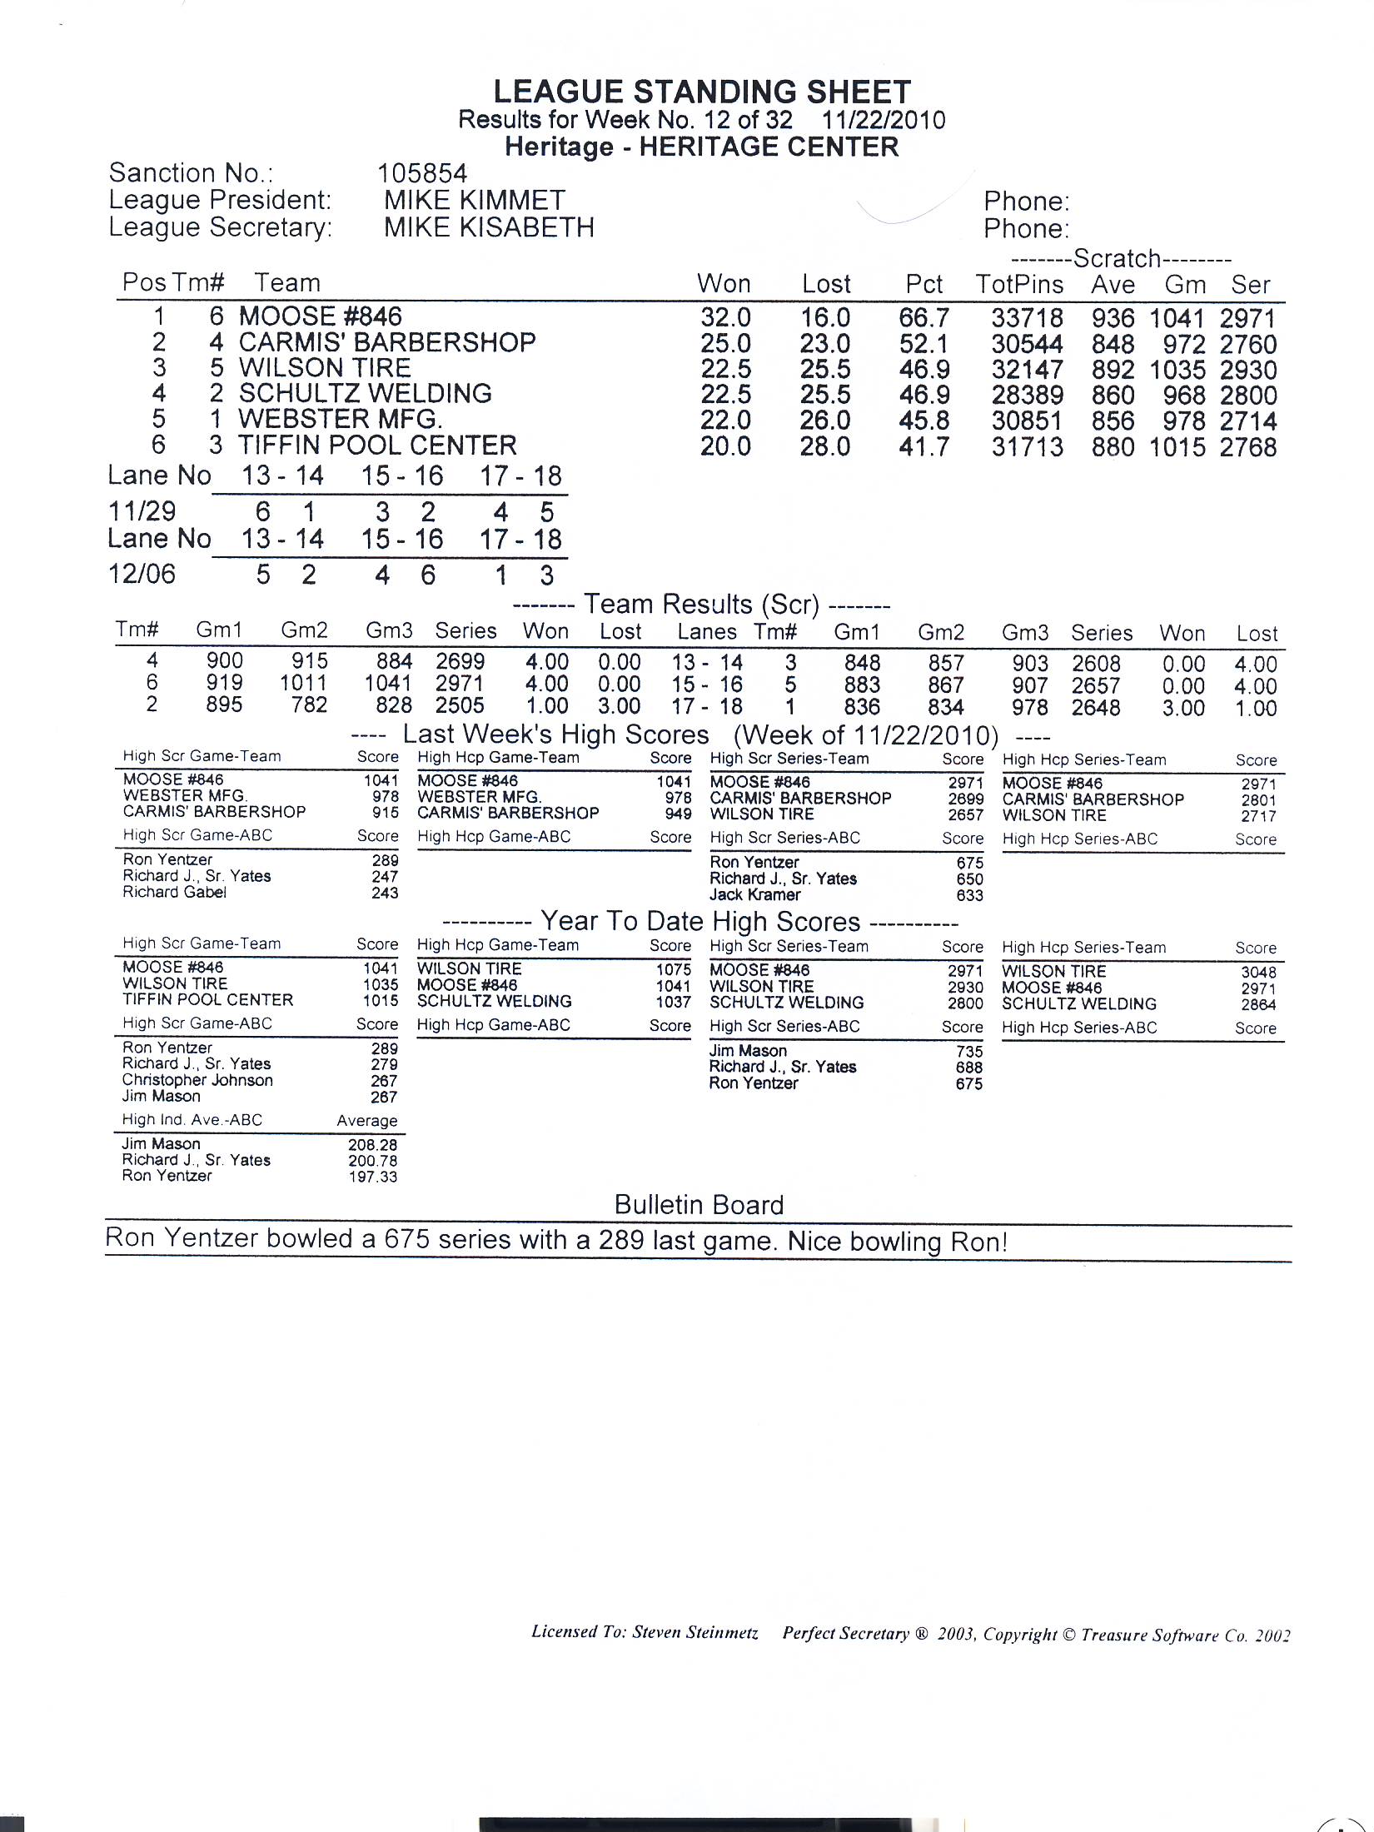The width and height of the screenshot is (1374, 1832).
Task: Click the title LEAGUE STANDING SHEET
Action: coord(702,92)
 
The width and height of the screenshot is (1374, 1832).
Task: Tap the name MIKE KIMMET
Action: coord(475,200)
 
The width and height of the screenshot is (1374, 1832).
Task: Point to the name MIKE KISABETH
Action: coord(489,227)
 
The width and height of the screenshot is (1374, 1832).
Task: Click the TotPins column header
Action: coord(1019,285)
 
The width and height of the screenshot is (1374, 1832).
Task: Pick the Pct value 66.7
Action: coord(923,318)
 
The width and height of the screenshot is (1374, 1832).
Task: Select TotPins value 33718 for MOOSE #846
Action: coord(1027,318)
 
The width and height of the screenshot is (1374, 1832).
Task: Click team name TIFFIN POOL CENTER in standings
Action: coord(377,446)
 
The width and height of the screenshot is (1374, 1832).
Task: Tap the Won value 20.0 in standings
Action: coord(724,447)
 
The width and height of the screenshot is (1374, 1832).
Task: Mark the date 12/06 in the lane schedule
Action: coord(142,575)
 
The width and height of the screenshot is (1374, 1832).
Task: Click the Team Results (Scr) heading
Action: coord(702,605)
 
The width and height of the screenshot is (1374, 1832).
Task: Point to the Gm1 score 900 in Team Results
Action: coord(225,661)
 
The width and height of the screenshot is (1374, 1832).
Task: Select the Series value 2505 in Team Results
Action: coord(460,706)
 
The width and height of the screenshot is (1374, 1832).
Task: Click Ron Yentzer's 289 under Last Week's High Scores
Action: coord(385,860)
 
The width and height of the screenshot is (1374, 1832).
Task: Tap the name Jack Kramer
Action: coord(754,895)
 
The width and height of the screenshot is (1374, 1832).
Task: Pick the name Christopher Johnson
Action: coord(197,1080)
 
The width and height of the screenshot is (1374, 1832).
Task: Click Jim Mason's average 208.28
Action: coord(372,1145)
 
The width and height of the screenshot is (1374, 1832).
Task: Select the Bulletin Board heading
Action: coord(699,1205)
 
